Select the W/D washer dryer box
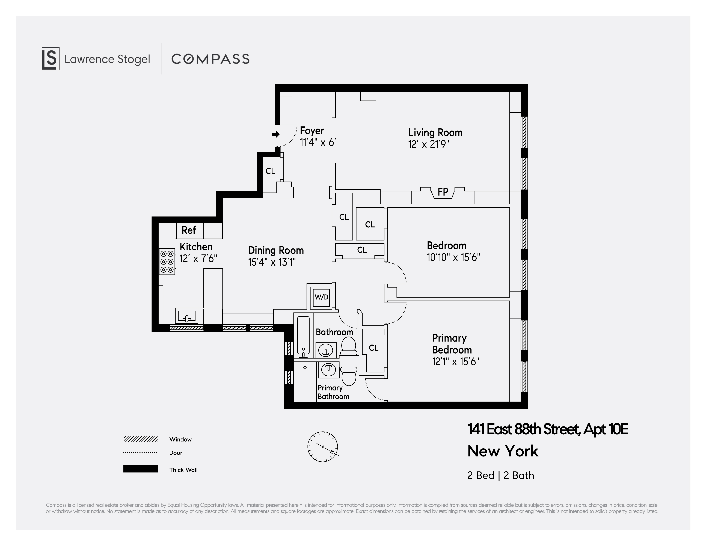(321, 297)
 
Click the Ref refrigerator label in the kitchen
(189, 230)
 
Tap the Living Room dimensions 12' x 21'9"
(428, 144)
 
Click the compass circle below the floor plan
(322, 446)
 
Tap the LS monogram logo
(51, 58)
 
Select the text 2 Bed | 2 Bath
(500, 475)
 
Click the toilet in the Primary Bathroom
(348, 376)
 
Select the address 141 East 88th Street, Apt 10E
(548, 429)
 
